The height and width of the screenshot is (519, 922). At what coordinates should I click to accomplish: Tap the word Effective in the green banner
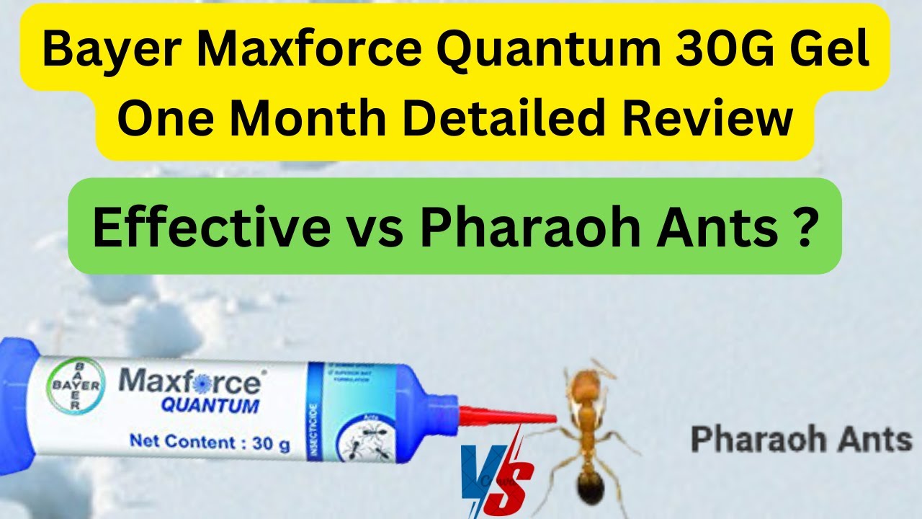[x=208, y=227]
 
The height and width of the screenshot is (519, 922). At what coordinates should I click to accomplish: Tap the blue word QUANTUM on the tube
[x=210, y=405]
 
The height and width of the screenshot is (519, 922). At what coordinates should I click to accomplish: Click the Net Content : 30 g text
[x=210, y=441]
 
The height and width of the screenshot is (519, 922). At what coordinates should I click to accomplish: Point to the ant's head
[x=589, y=382]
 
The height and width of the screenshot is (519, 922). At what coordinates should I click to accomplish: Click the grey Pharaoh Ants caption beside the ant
[x=801, y=439]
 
